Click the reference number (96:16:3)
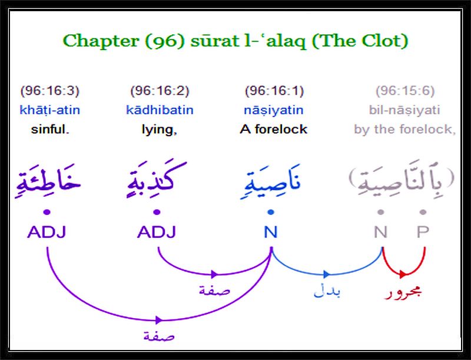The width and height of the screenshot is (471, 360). [x=49, y=91]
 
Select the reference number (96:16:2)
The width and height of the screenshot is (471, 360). [x=160, y=91]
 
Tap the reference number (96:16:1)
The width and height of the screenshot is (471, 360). [x=274, y=91]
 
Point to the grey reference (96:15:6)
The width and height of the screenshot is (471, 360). [x=405, y=91]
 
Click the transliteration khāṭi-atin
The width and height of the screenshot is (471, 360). [x=50, y=110]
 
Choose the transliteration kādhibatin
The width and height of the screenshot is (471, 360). [x=160, y=110]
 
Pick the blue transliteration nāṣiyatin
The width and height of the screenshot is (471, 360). [x=274, y=110]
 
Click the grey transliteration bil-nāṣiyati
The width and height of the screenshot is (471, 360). [x=404, y=110]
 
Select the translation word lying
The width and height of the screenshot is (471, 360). [x=159, y=130]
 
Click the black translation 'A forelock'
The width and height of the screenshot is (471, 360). [x=273, y=130]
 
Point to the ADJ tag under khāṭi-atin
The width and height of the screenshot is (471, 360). [x=47, y=232]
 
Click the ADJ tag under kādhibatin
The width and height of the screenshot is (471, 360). [x=157, y=232]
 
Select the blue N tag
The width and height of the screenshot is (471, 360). [x=271, y=232]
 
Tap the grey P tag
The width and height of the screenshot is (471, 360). [x=423, y=232]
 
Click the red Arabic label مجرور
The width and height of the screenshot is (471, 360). [x=403, y=292]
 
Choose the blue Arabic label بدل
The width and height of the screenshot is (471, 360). [x=327, y=291]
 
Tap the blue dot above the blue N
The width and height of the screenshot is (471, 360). [x=271, y=212]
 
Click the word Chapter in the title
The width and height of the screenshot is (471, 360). [x=100, y=41]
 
